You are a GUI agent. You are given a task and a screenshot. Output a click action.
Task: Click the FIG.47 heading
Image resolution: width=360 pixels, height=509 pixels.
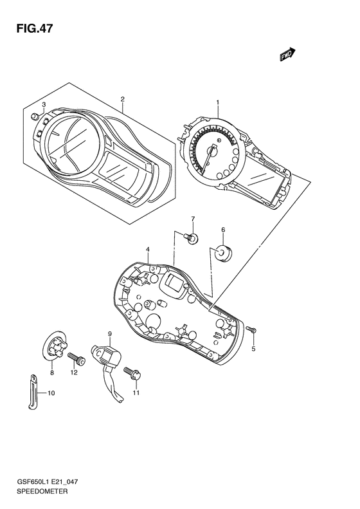tap(34, 28)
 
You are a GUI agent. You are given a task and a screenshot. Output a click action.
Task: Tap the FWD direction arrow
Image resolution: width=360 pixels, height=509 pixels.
tap(287, 55)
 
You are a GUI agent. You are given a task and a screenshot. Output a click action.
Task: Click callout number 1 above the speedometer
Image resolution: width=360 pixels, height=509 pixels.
tap(218, 102)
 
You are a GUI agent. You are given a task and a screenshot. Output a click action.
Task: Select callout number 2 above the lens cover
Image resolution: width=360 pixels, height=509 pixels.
tap(123, 99)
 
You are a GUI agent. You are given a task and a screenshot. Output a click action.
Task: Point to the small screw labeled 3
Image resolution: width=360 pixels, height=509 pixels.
tap(33, 116)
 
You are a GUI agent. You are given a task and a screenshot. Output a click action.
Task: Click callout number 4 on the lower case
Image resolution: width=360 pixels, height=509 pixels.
tap(148, 249)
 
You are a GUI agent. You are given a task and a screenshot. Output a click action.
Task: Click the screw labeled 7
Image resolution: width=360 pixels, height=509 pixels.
tap(191, 239)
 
